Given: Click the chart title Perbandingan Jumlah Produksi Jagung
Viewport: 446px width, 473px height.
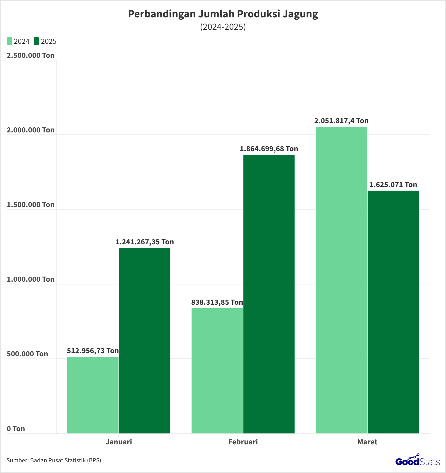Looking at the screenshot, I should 223,14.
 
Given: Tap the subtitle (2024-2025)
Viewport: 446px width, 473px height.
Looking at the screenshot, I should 223,27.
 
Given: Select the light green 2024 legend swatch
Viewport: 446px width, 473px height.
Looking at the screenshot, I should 10,41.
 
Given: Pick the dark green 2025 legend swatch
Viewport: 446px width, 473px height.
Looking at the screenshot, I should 36,41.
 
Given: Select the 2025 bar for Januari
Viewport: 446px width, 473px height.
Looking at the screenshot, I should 144,341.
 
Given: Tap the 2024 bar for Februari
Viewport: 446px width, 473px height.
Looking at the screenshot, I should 217,371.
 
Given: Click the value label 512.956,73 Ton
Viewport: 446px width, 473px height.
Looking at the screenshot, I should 93,351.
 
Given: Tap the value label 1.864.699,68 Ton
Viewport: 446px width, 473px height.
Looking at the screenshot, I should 269,149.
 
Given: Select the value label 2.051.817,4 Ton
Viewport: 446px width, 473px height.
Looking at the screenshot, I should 341,121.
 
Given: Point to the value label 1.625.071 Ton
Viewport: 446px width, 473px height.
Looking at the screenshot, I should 393,185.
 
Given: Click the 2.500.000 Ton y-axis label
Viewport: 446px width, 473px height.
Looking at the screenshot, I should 31,55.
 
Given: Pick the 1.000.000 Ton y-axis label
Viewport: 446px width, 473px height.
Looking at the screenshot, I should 31,279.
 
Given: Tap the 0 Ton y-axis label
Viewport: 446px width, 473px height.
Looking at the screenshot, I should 16,429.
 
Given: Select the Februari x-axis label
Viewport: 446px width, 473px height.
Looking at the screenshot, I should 243,442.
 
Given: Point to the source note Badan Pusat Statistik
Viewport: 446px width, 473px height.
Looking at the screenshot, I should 54,460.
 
